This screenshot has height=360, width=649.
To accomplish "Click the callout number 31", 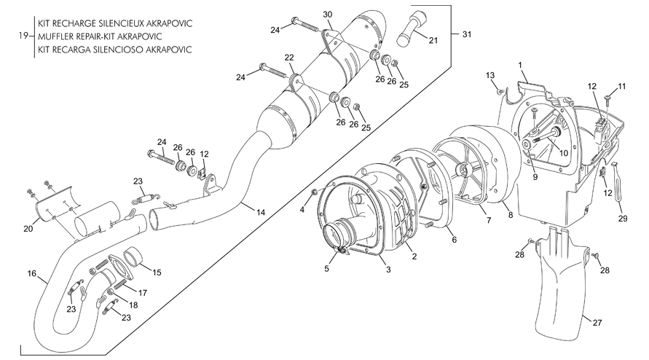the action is (466, 34).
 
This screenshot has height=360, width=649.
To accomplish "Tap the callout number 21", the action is (433, 40).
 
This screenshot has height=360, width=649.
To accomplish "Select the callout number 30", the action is (327, 15).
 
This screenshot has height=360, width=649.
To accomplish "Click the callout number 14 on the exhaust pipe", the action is (260, 213).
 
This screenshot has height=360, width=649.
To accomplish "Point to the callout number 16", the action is (32, 273).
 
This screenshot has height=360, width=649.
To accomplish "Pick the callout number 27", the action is (597, 322).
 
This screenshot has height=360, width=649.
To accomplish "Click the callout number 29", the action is (623, 219).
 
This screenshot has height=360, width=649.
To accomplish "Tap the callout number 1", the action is (520, 65).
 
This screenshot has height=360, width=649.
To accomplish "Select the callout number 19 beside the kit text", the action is (23, 36).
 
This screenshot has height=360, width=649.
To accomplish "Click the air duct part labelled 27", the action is (561, 282).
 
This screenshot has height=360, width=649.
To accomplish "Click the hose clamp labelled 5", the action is (341, 250).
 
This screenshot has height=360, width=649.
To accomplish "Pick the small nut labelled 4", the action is (314, 192).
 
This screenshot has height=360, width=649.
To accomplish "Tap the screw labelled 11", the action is (608, 99).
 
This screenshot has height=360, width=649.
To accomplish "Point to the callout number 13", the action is (490, 75).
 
